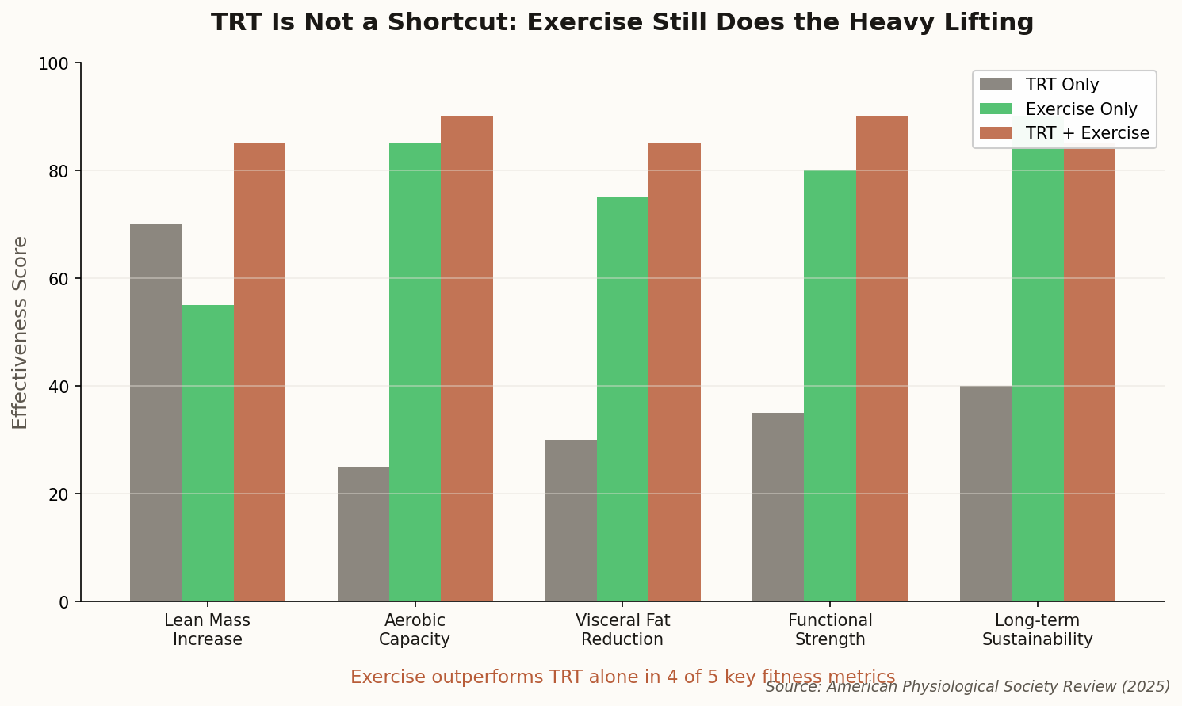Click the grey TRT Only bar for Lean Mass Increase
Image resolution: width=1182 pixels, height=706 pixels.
(x=155, y=412)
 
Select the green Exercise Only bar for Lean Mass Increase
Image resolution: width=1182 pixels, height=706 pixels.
(x=208, y=452)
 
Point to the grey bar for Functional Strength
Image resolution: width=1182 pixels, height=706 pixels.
(x=778, y=506)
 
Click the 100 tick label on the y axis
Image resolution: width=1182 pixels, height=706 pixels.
(x=54, y=63)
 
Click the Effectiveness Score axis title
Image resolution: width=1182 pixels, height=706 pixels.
(x=21, y=332)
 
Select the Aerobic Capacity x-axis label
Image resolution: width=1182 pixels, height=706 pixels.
(x=415, y=630)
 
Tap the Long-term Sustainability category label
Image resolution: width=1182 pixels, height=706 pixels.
(x=1037, y=630)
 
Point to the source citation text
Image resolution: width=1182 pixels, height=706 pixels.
(x=968, y=686)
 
